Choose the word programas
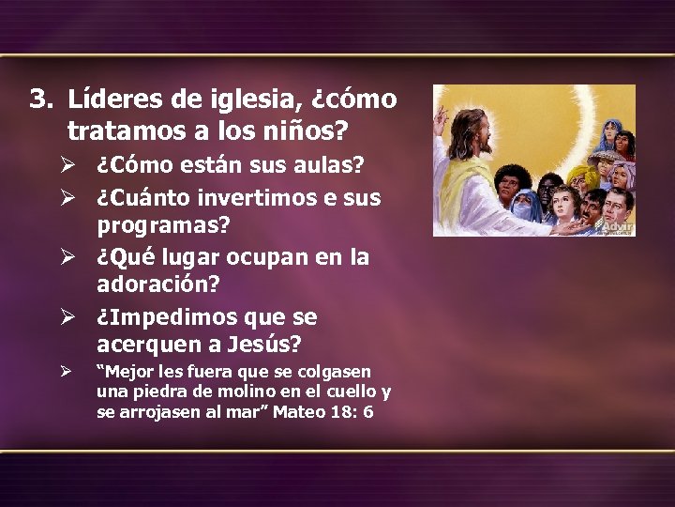tap(165, 227)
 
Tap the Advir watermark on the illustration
tap(617, 226)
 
